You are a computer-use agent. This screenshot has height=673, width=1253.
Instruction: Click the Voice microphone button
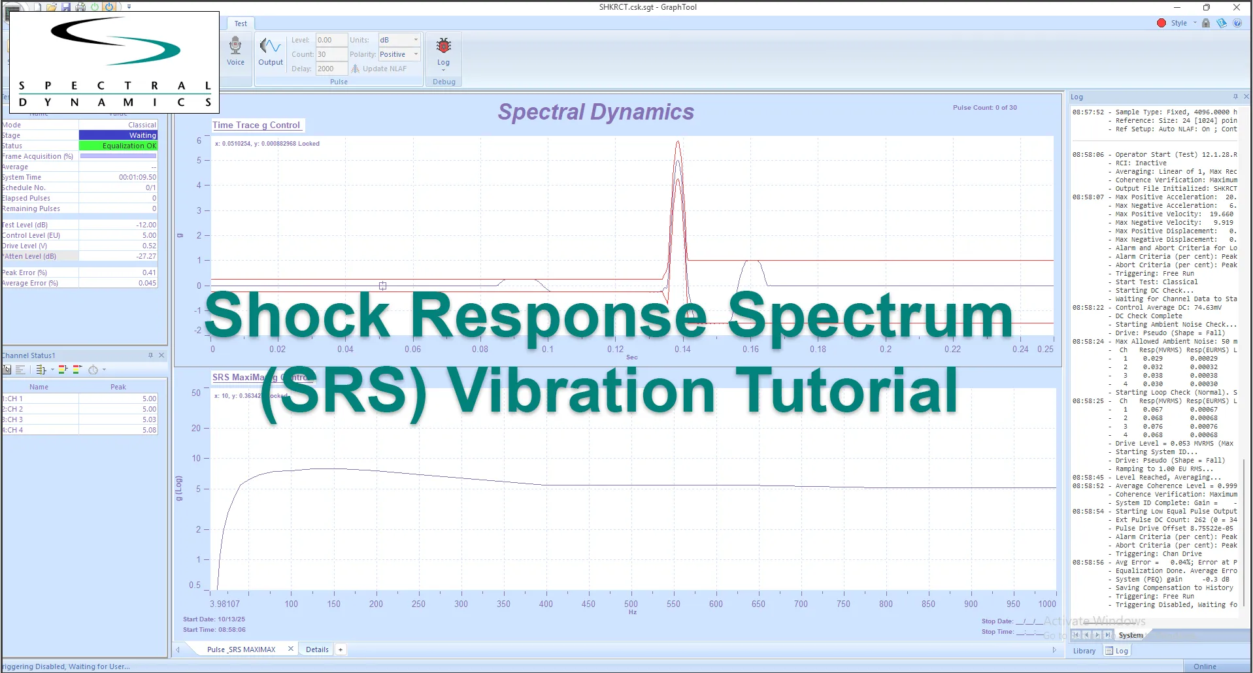235,51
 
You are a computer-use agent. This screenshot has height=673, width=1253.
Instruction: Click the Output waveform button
270,51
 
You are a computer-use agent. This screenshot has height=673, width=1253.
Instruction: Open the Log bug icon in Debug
444,51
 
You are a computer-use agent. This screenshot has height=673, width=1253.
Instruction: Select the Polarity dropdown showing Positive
398,54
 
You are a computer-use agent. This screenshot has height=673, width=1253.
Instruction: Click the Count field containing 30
331,54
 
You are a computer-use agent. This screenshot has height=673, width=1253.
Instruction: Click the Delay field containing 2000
331,69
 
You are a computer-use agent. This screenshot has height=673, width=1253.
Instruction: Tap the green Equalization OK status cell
118,146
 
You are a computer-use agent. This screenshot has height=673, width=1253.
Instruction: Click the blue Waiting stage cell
118,135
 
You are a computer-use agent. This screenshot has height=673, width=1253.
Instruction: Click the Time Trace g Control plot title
256,125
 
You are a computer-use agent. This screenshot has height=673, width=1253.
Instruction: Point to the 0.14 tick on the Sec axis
682,349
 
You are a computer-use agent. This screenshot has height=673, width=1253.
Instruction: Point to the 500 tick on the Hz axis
631,604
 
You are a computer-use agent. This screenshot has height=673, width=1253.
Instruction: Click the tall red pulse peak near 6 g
678,143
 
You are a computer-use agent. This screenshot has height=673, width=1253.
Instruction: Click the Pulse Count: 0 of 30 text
984,107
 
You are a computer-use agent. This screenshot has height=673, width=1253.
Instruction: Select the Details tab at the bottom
317,649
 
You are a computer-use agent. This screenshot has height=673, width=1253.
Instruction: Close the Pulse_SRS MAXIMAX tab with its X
291,649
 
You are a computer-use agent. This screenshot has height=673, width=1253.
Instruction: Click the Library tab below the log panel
1084,651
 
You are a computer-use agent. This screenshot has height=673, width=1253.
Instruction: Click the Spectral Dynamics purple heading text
595,112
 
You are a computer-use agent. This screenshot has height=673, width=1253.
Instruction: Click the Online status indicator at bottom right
1205,666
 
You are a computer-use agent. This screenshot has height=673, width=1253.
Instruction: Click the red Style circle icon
1161,23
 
